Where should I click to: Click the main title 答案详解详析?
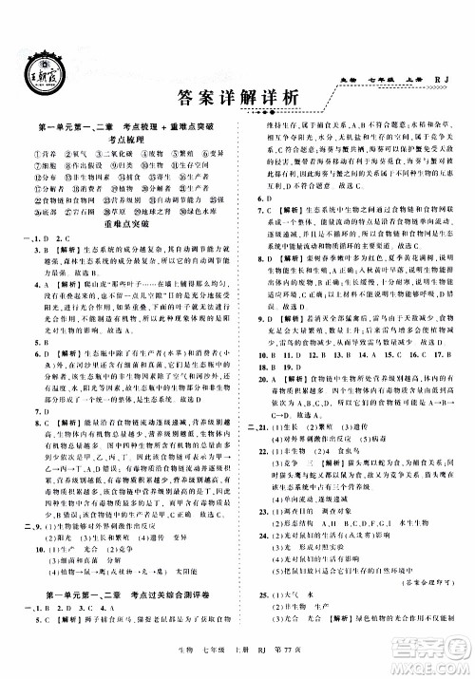(237, 94)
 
